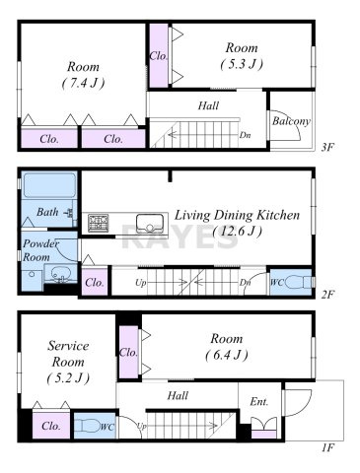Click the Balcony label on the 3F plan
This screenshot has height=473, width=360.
[291, 121]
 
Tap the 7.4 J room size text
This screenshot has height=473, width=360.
[83, 83]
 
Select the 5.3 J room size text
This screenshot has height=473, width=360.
[242, 64]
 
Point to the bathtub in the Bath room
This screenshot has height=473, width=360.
[49, 185]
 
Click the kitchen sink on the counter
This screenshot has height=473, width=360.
[150, 224]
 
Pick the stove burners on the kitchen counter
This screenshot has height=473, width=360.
[98, 223]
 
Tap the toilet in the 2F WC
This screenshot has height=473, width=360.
[298, 282]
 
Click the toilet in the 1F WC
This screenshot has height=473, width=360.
[87, 426]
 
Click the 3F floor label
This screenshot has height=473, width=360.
[327, 147]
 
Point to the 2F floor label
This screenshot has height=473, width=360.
[327, 295]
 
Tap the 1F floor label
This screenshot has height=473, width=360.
[327, 447]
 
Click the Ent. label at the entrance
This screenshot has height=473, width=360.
[259, 401]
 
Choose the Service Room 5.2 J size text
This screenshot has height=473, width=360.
[68, 378]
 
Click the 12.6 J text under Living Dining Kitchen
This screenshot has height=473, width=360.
[238, 232]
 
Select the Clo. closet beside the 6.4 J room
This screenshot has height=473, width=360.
[128, 353]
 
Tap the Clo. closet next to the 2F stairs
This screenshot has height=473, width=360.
[95, 282]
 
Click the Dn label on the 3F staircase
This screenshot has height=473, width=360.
[244, 135]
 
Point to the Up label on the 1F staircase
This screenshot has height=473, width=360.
[141, 427]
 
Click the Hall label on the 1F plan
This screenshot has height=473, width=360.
[178, 395]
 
